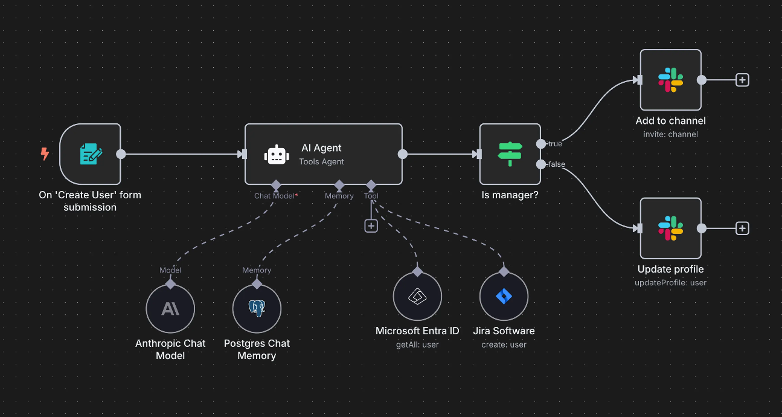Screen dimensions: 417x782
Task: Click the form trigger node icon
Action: click(x=91, y=154)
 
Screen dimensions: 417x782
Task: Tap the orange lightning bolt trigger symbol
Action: click(x=45, y=154)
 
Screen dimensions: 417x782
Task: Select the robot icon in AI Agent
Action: click(x=277, y=155)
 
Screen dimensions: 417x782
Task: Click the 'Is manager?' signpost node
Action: click(x=510, y=154)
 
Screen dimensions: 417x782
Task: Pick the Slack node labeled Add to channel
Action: click(x=670, y=80)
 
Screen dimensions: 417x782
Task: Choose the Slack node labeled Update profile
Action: click(x=670, y=228)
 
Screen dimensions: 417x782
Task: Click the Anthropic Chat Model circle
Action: click(x=170, y=309)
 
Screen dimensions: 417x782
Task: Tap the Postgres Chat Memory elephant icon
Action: click(x=257, y=309)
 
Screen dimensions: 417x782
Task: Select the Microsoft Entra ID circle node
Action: click(x=417, y=297)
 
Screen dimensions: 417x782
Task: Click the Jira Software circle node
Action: click(x=504, y=297)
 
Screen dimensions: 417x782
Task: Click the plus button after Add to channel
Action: click(x=742, y=80)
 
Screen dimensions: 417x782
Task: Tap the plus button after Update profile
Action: click(x=742, y=228)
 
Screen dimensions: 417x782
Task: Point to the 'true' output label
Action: click(x=555, y=144)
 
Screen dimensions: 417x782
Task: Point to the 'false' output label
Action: click(x=556, y=164)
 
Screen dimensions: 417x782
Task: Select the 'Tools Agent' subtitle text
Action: click(x=321, y=161)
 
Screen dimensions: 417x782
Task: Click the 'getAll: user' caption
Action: click(x=417, y=344)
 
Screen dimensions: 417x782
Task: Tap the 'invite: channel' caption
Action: click(x=670, y=134)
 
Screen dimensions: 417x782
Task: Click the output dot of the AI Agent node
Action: click(x=403, y=154)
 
